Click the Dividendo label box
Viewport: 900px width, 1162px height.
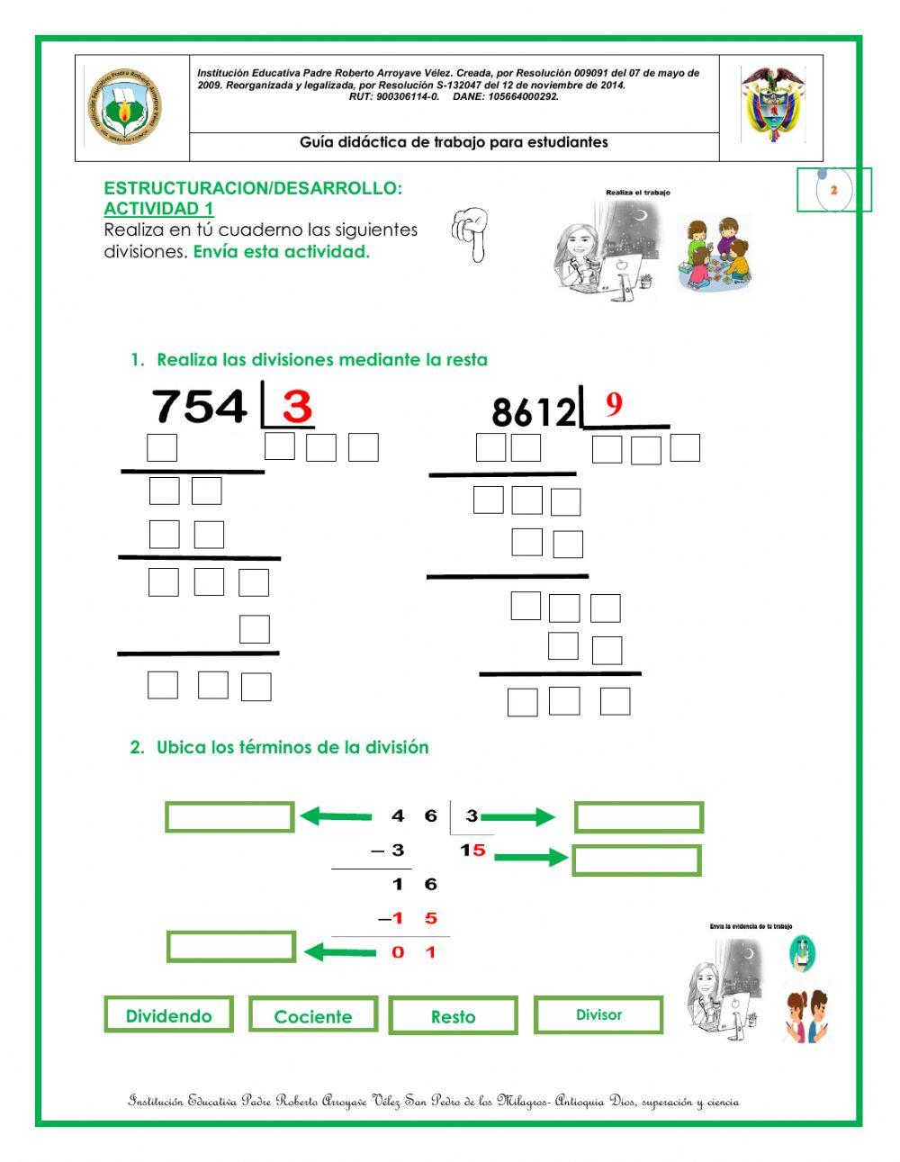click(x=168, y=1014)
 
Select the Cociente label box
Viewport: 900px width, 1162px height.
click(x=312, y=1015)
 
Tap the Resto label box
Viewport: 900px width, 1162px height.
click(x=453, y=1016)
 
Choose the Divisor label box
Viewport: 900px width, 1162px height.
click(x=598, y=1014)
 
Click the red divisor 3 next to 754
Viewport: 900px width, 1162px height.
click(x=296, y=408)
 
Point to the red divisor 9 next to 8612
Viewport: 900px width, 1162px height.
click(x=614, y=405)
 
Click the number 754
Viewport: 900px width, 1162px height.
click(x=200, y=407)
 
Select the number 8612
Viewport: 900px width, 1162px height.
click(x=534, y=412)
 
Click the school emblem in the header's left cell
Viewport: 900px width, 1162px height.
click(x=125, y=108)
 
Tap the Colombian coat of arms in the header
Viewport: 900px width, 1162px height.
click(x=771, y=104)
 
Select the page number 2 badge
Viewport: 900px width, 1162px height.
click(x=833, y=190)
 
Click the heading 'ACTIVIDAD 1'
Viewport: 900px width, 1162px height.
click(x=158, y=209)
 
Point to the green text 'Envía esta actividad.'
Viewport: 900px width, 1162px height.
click(x=282, y=252)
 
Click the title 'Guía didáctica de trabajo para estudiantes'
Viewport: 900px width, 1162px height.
click(x=454, y=142)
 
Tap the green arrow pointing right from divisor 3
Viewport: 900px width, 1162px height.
click(x=518, y=817)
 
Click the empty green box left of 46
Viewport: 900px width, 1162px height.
click(x=229, y=817)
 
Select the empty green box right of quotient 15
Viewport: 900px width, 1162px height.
click(x=636, y=860)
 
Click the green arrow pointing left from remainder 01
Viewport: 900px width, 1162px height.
click(x=339, y=951)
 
